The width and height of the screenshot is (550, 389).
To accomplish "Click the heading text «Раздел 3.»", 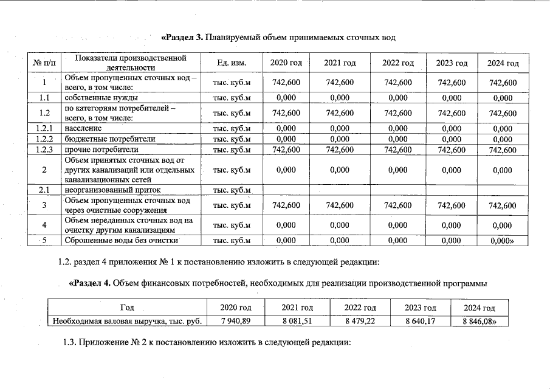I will coord(182,38).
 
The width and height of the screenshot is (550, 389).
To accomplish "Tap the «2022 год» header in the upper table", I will coord(398,63).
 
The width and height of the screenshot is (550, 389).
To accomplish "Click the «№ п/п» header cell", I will coord(44,63).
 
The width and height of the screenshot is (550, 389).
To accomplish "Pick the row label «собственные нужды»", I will coord(101,97).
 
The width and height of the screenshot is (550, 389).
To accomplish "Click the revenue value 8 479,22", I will coord(360,320).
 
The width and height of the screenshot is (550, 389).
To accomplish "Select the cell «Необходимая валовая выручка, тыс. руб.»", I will coord(127,320).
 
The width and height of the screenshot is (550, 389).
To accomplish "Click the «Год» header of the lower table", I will coord(127,308).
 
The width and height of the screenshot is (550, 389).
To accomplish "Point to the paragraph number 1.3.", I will coord(70,342).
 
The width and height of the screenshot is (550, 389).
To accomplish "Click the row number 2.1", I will coord(44,190).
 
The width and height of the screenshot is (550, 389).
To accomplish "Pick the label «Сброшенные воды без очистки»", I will coord(121,240).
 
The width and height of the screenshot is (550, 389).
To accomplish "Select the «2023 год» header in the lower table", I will coord(421,308).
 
